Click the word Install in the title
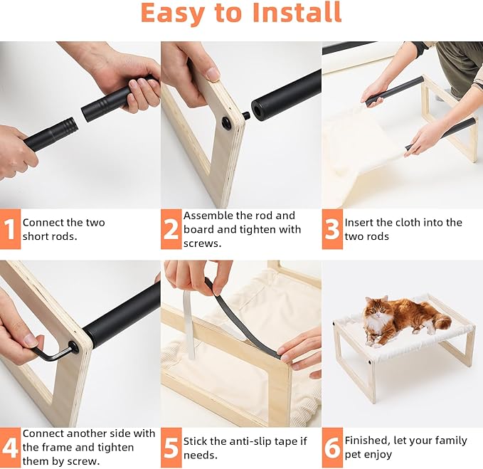(297, 13)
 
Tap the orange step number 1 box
(10, 229)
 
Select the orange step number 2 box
(171, 229)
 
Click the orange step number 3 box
(332, 229)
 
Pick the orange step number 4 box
(10, 448)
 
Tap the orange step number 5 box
(171, 448)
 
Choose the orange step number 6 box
(332, 448)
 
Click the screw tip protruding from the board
(246, 116)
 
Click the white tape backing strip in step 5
(189, 325)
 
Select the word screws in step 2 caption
(203, 243)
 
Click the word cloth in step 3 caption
(398, 223)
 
